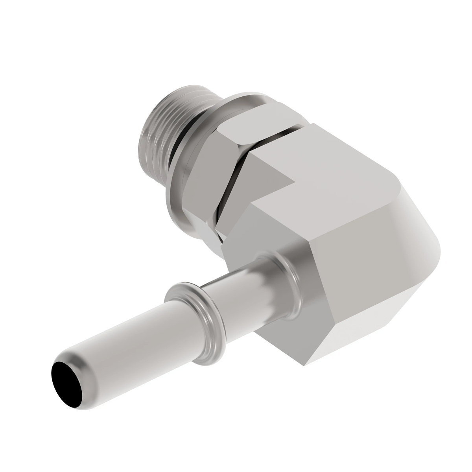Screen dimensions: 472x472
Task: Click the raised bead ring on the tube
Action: (189, 311)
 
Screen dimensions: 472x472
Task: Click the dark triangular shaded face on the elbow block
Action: (271, 173)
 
